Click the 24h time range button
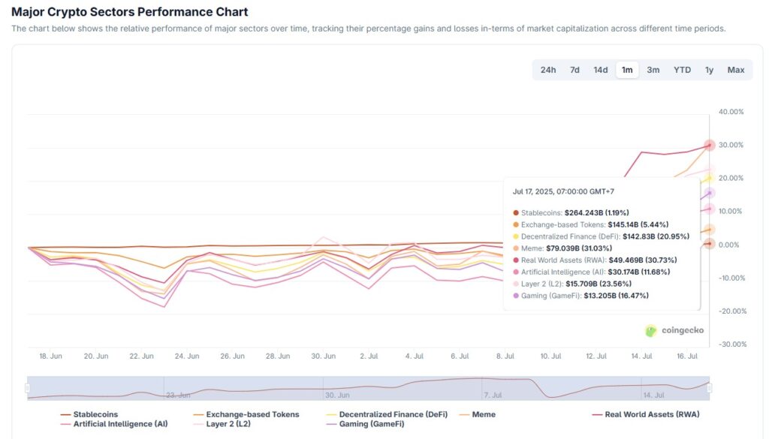[x=548, y=70]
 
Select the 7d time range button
[x=574, y=70]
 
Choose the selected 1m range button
[x=627, y=70]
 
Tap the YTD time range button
[x=682, y=70]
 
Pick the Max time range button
[x=736, y=70]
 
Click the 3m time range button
[x=653, y=70]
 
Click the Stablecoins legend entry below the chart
[x=95, y=414]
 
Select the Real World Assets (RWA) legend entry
[x=651, y=414]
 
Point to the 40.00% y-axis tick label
[x=731, y=112]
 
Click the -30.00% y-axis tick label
[x=731, y=344]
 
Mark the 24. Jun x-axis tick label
[x=187, y=356]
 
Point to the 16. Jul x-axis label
[x=686, y=356]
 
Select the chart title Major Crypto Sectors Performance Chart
[x=130, y=12]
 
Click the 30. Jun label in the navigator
[x=337, y=395]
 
